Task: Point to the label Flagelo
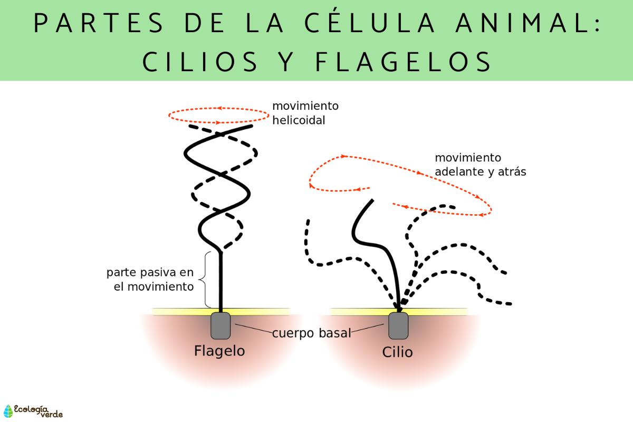[219, 350]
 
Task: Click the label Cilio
[397, 352]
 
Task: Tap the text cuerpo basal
[311, 333]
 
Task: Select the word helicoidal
[299, 120]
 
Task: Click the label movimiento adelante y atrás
[480, 165]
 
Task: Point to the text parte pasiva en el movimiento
[150, 280]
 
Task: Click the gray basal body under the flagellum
[220, 325]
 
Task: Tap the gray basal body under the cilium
[398, 325]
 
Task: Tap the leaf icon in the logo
[8, 411]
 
